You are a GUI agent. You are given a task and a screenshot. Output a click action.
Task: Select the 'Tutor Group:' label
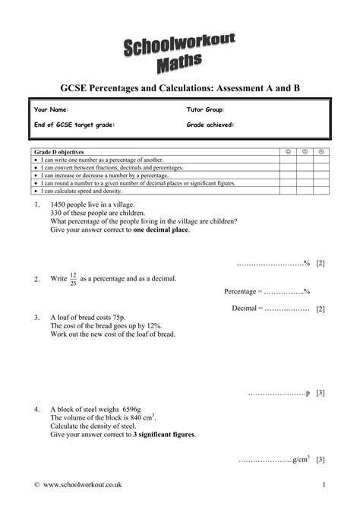click(x=207, y=110)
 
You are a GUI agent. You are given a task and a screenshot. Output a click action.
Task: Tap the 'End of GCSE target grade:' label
click(x=74, y=125)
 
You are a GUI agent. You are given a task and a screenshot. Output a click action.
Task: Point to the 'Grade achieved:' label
click(x=210, y=125)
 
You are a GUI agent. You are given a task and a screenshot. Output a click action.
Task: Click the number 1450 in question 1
click(x=58, y=205)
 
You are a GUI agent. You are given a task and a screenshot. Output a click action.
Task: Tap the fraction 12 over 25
click(x=73, y=279)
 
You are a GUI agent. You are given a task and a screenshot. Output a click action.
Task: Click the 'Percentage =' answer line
click(x=267, y=291)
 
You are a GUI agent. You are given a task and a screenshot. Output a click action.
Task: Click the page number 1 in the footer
click(x=324, y=484)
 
